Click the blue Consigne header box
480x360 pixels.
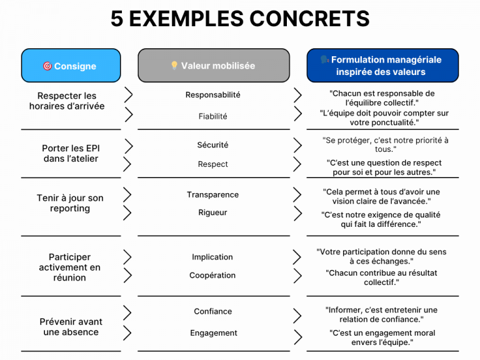click(71, 66)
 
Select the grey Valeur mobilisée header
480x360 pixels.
click(214, 66)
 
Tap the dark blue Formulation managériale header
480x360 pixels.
click(382, 66)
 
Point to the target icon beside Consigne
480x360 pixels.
click(47, 66)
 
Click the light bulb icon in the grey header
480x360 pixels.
click(174, 65)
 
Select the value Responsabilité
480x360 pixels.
click(212, 95)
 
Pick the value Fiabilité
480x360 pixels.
click(212, 116)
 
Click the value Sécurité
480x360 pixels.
click(212, 145)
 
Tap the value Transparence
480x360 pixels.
click(212, 195)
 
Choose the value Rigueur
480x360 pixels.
click(212, 212)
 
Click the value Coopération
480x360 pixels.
click(212, 275)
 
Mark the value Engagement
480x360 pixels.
click(214, 333)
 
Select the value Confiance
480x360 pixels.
click(212, 311)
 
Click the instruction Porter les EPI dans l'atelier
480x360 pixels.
click(71, 153)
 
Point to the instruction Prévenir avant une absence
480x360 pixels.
click(71, 327)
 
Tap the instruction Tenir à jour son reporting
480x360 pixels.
click(70, 203)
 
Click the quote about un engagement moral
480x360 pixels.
click(382, 337)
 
